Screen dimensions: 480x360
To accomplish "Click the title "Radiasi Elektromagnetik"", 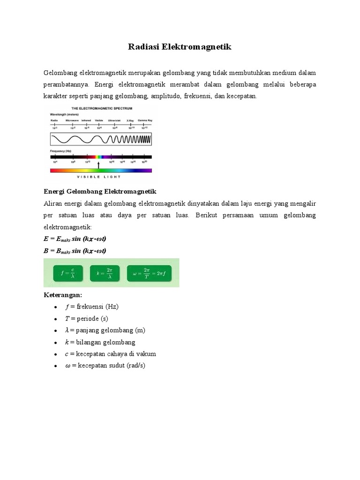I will [180, 47].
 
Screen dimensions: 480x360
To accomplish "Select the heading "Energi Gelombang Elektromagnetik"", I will [100, 192].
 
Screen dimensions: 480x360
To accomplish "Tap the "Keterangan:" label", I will [63, 295].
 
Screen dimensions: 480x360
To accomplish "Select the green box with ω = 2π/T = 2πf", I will [151, 273].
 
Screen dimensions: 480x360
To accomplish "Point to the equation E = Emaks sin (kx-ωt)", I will [75, 239].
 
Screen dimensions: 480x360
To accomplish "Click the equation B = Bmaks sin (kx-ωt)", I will [75, 251].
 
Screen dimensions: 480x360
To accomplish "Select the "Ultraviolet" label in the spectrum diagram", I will [114, 120].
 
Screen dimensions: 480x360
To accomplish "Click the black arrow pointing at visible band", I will [98, 165].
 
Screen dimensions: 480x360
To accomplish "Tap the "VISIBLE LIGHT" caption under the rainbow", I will [99, 177].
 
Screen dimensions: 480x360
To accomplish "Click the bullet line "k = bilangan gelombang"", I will [100, 342].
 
